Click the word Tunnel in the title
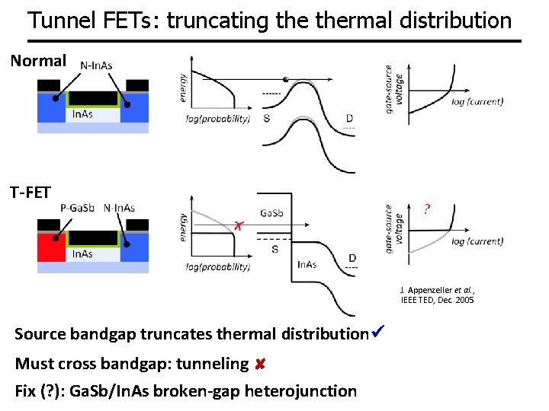click(58, 20)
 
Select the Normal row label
click(38, 60)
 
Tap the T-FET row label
click(30, 192)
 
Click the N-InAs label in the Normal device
click(96, 65)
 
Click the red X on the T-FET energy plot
click(238, 226)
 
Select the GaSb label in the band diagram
click(271, 214)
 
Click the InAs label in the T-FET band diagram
click(307, 265)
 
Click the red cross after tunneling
click(260, 365)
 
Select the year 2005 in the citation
click(464, 301)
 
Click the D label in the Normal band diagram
click(348, 119)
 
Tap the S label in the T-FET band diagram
click(274, 249)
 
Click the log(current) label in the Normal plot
click(477, 101)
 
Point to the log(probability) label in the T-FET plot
click(218, 266)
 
